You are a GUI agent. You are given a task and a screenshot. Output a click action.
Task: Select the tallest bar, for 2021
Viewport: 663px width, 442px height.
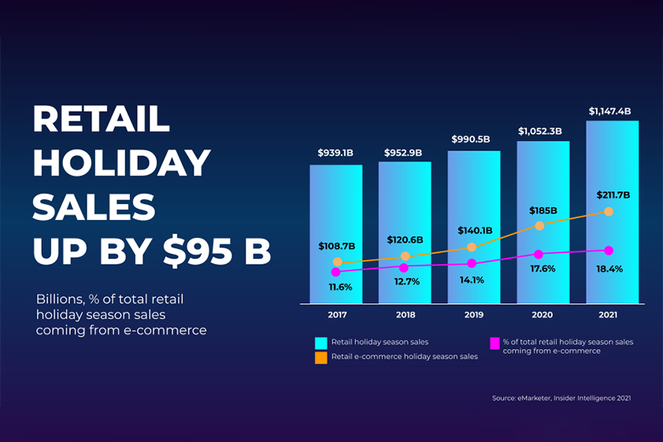pyautogui.click(x=612, y=173)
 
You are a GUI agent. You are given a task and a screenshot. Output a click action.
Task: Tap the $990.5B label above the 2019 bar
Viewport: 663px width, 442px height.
pyautogui.click(x=471, y=139)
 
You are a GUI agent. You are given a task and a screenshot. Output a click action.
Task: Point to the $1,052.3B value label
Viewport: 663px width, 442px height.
pyautogui.click(x=540, y=131)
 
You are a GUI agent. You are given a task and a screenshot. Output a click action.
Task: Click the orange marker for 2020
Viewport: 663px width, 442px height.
pyautogui.click(x=540, y=226)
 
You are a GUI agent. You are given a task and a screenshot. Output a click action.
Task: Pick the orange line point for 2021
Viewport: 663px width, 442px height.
pyautogui.click(x=609, y=211)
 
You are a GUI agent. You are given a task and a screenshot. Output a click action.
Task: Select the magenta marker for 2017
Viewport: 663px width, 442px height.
pyautogui.click(x=337, y=272)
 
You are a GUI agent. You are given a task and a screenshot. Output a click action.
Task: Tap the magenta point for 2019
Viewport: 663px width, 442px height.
pyautogui.click(x=472, y=263)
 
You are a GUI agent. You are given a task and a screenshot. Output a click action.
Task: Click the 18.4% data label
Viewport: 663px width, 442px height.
pyautogui.click(x=609, y=269)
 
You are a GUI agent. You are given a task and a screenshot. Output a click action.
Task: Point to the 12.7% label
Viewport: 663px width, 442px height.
pyautogui.click(x=407, y=281)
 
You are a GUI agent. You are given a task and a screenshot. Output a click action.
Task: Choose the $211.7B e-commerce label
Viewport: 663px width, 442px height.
pyautogui.click(x=613, y=195)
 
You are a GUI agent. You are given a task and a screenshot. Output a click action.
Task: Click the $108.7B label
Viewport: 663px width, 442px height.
pyautogui.click(x=337, y=247)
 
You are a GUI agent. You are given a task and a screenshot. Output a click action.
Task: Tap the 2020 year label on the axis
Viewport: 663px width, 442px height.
pyautogui.click(x=543, y=314)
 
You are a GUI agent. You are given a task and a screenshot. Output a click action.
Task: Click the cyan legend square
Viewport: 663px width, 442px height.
pyautogui.click(x=320, y=343)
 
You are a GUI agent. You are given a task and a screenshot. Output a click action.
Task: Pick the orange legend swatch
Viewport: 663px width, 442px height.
pyautogui.click(x=320, y=358)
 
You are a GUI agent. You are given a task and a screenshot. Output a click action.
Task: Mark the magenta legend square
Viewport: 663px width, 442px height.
pyautogui.click(x=494, y=343)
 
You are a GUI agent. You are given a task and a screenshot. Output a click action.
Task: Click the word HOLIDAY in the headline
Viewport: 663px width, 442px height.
pyautogui.click(x=122, y=163)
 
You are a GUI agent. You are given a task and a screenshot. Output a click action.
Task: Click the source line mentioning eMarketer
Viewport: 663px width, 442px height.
pyautogui.click(x=561, y=399)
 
